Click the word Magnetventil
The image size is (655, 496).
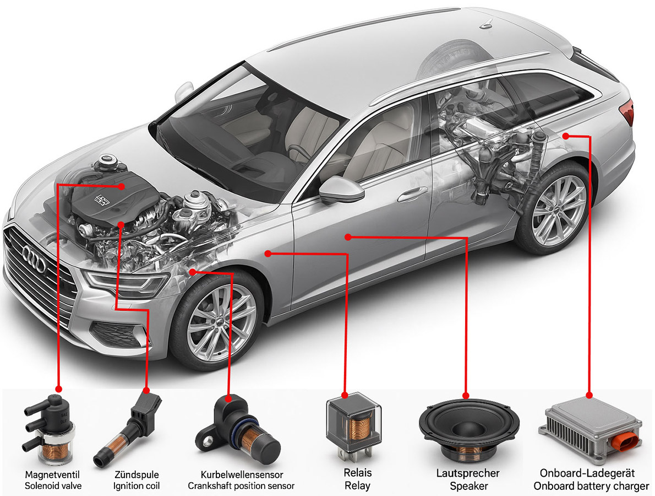click(52, 475)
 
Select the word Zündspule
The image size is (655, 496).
click(137, 475)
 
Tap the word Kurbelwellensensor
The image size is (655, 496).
click(242, 475)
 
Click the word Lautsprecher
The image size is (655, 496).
click(468, 473)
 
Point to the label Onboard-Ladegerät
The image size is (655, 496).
click(587, 473)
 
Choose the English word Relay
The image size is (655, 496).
click(357, 486)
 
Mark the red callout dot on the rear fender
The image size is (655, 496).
click(565, 136)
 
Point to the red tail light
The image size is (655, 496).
click(628, 112)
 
